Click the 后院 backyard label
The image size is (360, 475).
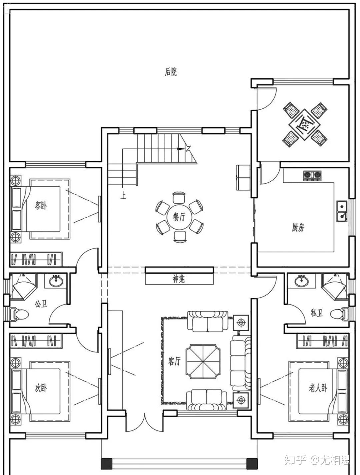tap(171, 72)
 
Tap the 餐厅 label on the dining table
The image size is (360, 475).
tap(179, 217)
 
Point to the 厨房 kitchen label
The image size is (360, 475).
tap(298, 227)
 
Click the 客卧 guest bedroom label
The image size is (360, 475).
tap(41, 206)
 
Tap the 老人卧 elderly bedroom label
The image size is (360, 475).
tap(318, 388)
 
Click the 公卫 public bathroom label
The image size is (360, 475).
tap(41, 304)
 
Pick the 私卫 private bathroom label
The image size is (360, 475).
tap(316, 313)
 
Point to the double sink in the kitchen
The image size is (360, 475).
tap(341, 212)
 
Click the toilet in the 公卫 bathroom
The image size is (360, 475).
tap(20, 314)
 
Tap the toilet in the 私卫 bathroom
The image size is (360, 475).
tap(340, 314)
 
